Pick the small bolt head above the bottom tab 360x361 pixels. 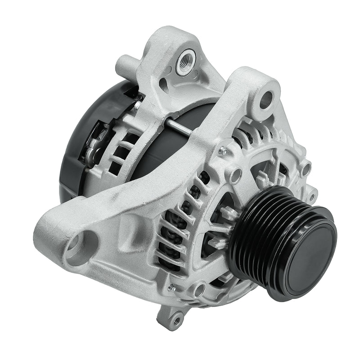(171, 288)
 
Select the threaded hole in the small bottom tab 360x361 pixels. (177, 320)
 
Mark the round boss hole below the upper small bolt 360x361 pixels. (234, 174)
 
